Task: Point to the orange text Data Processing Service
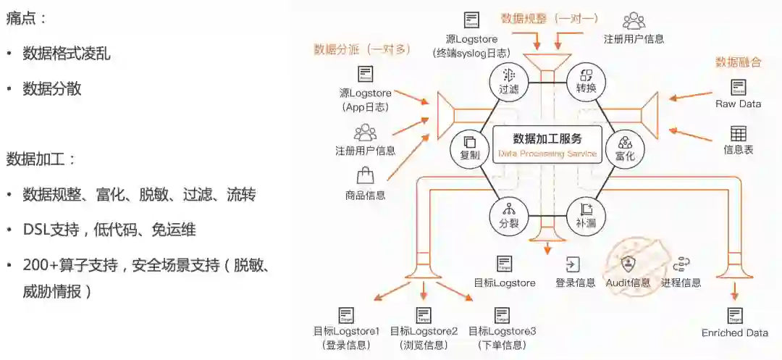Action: point(547,154)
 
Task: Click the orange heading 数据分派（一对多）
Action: point(362,49)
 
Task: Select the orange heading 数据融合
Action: point(739,62)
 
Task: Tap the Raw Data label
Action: point(738,104)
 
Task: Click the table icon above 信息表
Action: point(738,133)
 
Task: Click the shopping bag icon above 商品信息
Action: point(365,175)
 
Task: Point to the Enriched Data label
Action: point(734,332)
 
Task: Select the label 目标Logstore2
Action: point(424,331)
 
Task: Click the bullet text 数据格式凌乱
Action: point(67,54)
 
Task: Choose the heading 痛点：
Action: point(27,19)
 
